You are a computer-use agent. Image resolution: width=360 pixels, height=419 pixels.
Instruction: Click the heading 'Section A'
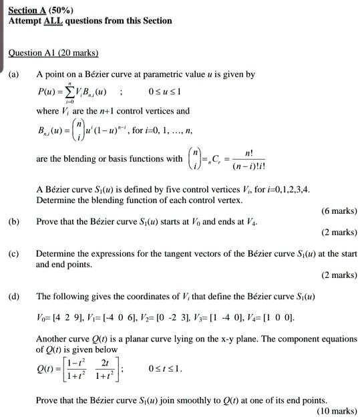(x=27, y=9)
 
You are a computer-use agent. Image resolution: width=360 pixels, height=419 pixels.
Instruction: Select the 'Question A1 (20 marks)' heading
(x=53, y=53)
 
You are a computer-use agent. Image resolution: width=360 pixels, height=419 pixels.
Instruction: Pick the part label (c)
(x=14, y=254)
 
